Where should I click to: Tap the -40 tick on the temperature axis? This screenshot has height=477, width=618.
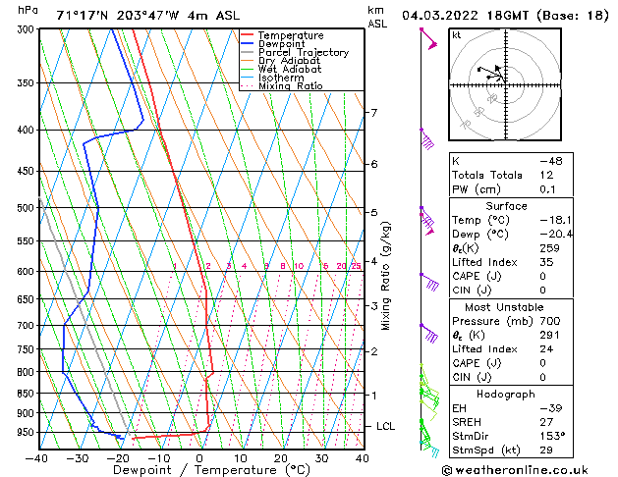coord(37,458)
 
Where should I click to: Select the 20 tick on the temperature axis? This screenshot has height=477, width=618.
coord(281,458)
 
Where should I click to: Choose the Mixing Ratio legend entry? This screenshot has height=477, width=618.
coord(291,86)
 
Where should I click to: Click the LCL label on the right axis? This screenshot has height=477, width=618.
coord(386,427)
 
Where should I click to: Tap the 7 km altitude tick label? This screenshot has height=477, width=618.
coord(373,113)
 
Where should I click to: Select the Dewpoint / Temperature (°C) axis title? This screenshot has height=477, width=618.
coord(199,471)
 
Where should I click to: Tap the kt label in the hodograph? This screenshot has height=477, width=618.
coord(456,35)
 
